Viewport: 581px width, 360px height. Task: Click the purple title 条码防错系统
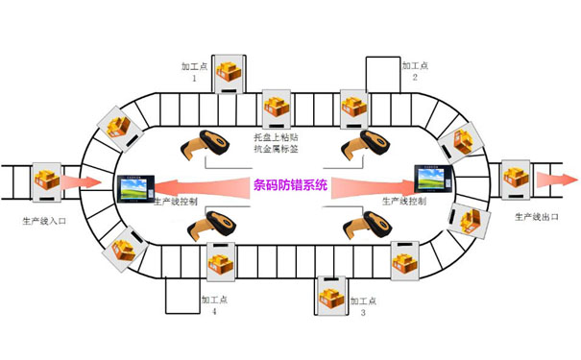[x=290, y=185]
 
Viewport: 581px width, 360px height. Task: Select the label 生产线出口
[x=536, y=218]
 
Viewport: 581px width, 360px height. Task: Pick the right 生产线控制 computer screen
[x=433, y=179]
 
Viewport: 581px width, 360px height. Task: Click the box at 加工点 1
[x=230, y=72]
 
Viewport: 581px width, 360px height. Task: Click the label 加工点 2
[x=415, y=72]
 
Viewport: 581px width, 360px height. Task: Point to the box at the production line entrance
[x=46, y=180]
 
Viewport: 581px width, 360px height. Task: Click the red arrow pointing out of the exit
[x=557, y=180]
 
